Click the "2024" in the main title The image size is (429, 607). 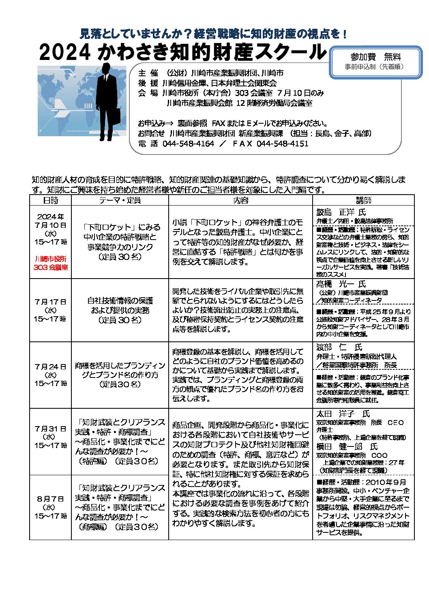pyautogui.click(x=64, y=52)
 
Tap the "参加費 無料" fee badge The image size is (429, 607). pyautogui.click(x=375, y=57)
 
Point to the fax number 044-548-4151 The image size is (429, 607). pyautogui.click(x=282, y=144)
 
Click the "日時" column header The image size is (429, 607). pyautogui.click(x=51, y=200)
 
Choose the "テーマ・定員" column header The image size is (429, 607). pyautogui.click(x=120, y=200)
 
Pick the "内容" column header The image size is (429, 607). pyautogui.click(x=240, y=200)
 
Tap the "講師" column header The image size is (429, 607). pyautogui.click(x=363, y=200)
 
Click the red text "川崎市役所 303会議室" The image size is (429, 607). pyautogui.click(x=51, y=263)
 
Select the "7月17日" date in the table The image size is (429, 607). pyautogui.click(x=50, y=302)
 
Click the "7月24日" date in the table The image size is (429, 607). pyautogui.click(x=50, y=367)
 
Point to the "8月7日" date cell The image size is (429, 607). pyautogui.click(x=50, y=499)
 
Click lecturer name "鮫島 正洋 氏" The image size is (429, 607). pyautogui.click(x=341, y=212)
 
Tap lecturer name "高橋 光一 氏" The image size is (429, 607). pyautogui.click(x=341, y=284)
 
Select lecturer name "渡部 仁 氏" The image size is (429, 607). pyautogui.click(x=339, y=347)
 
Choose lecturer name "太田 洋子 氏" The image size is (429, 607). pyautogui.click(x=343, y=414)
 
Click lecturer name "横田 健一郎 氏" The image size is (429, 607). pyautogui.click(x=347, y=446)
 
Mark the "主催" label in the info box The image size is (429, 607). pyautogui.click(x=148, y=73)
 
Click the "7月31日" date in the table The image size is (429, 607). pyautogui.click(x=50, y=429)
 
